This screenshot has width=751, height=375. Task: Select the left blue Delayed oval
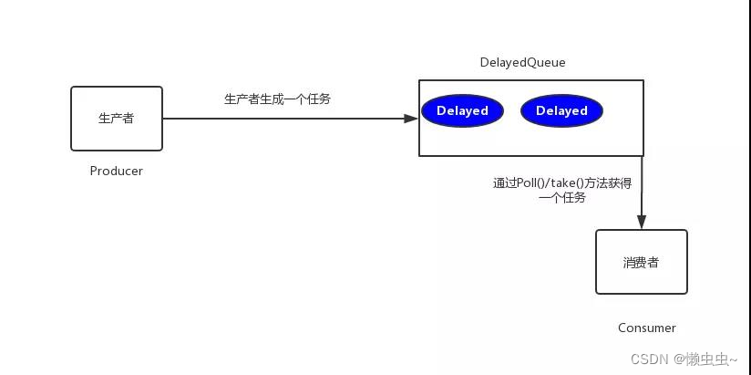462,111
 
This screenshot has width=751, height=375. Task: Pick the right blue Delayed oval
561,111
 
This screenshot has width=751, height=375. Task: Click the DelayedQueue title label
522,62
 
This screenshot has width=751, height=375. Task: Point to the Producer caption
117,171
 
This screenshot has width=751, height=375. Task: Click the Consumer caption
647,328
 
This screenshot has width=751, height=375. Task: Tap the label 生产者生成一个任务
278,99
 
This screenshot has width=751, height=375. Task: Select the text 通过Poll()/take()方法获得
562,182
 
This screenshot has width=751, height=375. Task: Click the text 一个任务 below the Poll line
562,197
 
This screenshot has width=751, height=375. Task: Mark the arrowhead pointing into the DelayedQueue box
412,119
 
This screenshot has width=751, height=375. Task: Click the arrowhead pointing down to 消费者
642,223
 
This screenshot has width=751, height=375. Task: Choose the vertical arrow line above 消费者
642,187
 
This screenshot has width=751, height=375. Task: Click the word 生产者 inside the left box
117,119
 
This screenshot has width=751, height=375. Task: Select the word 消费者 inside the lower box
641,262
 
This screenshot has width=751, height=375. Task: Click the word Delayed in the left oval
462,111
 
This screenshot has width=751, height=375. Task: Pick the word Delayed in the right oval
561,111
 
